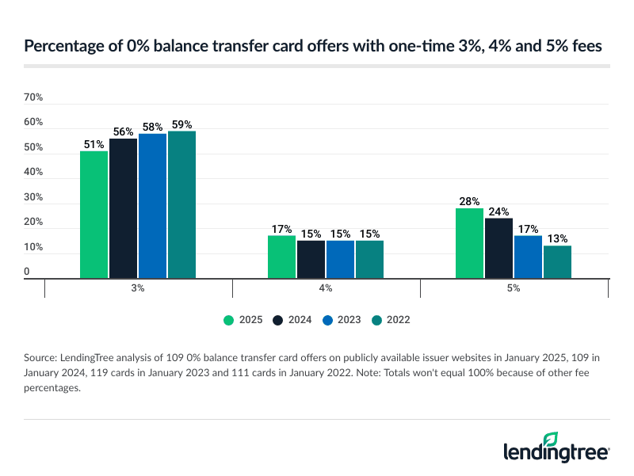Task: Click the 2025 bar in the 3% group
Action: [94, 215]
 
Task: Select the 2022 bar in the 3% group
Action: [181, 204]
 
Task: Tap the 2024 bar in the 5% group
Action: [499, 248]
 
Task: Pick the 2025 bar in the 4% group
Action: [281, 257]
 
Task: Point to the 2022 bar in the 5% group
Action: [557, 262]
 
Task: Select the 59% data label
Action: [181, 124]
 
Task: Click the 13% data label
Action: [557, 239]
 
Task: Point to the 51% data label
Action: [94, 144]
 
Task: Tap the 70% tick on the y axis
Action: [33, 97]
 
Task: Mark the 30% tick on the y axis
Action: [33, 197]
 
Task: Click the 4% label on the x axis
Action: [326, 288]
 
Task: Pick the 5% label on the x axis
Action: [514, 288]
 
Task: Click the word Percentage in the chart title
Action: [61, 47]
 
